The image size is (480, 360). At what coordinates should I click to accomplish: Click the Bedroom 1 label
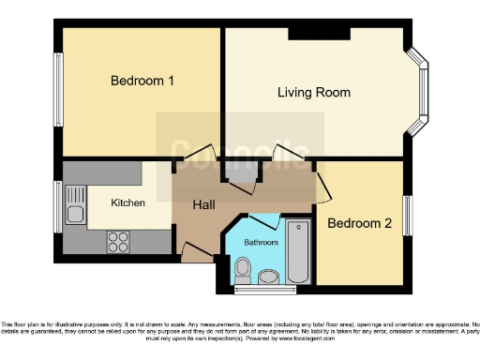coord(142,81)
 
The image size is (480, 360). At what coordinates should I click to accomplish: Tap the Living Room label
coord(314,92)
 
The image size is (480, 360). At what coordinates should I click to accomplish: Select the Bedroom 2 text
coord(358,223)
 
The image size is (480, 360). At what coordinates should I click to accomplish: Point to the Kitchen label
coord(127,202)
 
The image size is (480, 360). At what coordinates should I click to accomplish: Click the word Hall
coord(205,204)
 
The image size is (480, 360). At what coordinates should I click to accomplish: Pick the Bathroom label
coord(262,242)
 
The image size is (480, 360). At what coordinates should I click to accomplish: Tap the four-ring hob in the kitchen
coord(118,242)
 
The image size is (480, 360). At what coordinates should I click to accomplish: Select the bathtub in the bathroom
coord(298,251)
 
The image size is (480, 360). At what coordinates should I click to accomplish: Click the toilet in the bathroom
coord(243,270)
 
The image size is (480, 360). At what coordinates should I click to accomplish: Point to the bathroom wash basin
coord(268,276)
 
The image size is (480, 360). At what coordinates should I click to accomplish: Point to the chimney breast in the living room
coord(319,35)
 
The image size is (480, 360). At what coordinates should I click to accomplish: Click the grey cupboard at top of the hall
coord(240,172)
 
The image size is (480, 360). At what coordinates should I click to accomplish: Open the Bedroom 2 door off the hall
coord(321,185)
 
